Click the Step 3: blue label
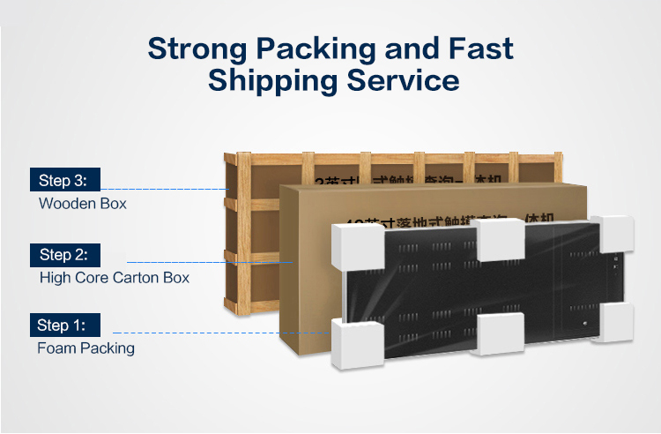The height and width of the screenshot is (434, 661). tap(64, 180)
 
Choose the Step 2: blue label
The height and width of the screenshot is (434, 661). tap(64, 255)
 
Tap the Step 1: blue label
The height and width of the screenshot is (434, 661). tap(64, 325)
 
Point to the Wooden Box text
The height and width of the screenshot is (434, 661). tap(83, 204)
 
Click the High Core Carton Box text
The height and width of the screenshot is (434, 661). tap(115, 278)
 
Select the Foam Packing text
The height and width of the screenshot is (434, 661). tap(85, 348)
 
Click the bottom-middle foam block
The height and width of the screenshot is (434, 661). tap(501, 334)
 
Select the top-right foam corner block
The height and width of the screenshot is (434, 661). tap(614, 232)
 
